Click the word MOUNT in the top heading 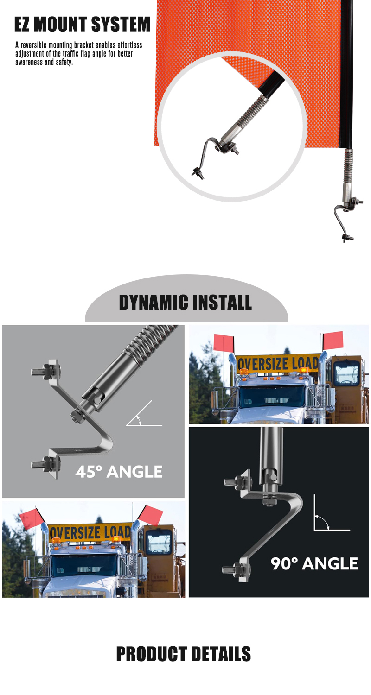coord(60,25)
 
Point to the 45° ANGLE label coord(119,472)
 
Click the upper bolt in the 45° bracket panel coord(46,371)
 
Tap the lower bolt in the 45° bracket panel coord(46,464)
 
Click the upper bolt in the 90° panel coord(237,482)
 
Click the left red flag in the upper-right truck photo coord(223,343)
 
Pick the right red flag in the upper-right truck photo coord(333,340)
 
